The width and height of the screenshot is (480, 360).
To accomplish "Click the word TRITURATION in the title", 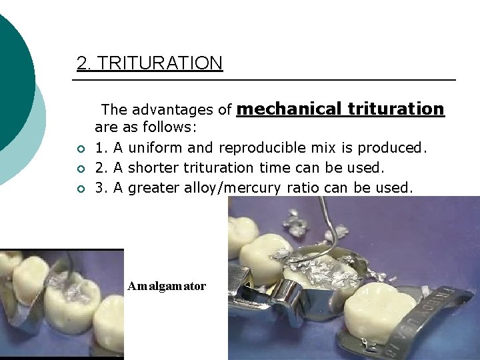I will click(x=160, y=63).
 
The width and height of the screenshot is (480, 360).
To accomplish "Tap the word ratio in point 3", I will click(x=303, y=188).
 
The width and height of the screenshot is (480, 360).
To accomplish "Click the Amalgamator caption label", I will click(x=167, y=286).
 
